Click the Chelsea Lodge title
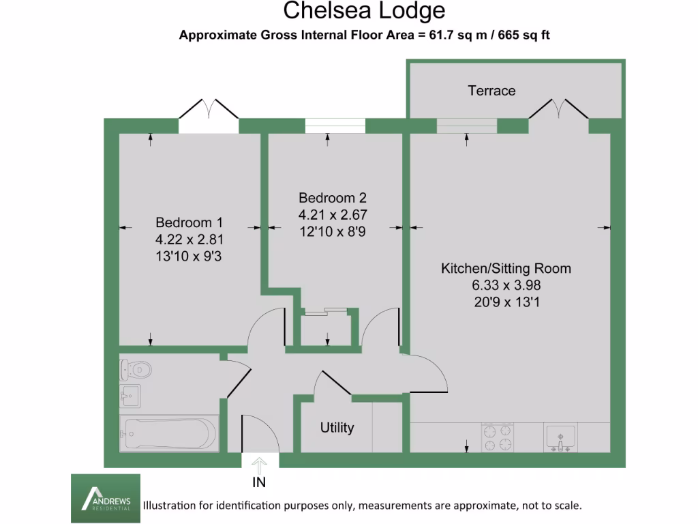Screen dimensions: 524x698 tap(364, 11)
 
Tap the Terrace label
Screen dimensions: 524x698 tap(491, 91)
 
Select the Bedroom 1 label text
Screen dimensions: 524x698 tap(189, 222)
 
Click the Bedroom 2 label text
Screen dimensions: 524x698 tap(333, 198)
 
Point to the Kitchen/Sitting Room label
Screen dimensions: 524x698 tap(506, 268)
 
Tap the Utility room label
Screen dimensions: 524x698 tap(337, 428)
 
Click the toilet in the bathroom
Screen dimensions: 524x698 tap(136, 370)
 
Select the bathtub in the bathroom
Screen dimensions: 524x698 tap(169, 433)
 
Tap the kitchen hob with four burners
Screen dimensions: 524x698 tap(498, 437)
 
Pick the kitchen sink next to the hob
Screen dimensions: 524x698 tap(560, 437)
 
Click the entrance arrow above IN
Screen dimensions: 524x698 tap(260, 465)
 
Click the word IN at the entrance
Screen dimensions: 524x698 tap(260, 483)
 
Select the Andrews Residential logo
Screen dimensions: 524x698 tap(106, 499)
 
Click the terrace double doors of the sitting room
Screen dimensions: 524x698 tap(558, 111)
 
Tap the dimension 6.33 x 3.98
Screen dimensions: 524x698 tap(506, 285)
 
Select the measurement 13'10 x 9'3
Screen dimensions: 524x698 tap(189, 256)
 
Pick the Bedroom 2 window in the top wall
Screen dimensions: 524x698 tap(335, 126)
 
